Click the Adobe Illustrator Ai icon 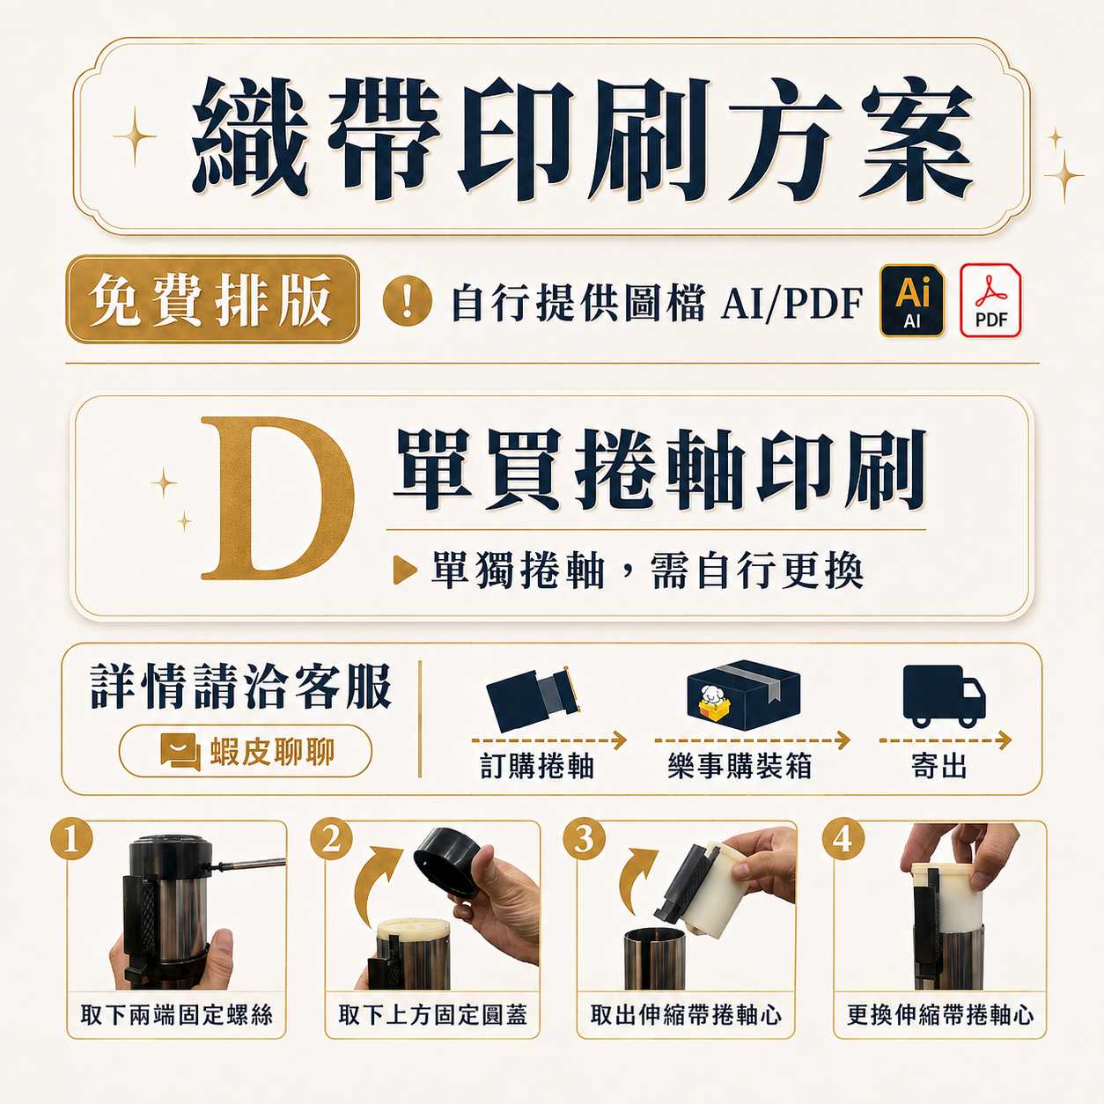[911, 300]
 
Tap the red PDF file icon [990, 300]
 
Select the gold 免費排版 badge [212, 299]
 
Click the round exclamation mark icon [407, 300]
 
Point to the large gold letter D [278, 498]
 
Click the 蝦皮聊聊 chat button [246, 751]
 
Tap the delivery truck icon [944, 696]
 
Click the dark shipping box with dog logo [744, 695]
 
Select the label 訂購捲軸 [537, 766]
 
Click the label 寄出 [939, 766]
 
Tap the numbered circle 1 [71, 839]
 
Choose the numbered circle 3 [584, 840]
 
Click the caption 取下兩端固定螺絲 [176, 1014]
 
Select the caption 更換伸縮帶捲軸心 [940, 1014]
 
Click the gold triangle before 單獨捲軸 [405, 570]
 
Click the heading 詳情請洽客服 [241, 687]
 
